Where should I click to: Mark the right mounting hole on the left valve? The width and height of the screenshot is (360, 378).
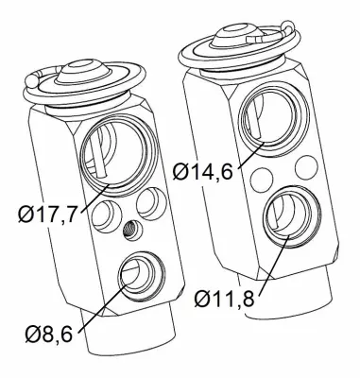tap(149, 201)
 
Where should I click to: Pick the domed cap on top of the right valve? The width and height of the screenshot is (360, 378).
tap(231, 31)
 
